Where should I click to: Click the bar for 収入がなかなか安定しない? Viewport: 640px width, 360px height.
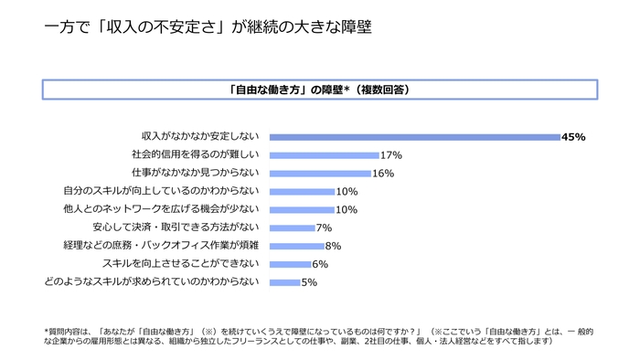[x=415, y=137]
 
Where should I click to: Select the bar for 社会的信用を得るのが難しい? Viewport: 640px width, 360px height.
[x=325, y=155]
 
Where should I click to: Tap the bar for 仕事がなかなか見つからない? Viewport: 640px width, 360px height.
[x=321, y=174]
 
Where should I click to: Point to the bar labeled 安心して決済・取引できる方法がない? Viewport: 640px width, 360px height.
[x=293, y=228]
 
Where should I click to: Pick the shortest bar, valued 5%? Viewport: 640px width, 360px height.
[x=285, y=282]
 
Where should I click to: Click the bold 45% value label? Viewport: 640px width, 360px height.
[x=573, y=137]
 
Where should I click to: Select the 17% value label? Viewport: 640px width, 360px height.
[x=390, y=155]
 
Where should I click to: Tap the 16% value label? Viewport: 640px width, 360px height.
[x=383, y=174]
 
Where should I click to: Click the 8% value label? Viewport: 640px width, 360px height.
[x=333, y=246]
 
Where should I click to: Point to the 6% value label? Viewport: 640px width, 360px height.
[x=320, y=264]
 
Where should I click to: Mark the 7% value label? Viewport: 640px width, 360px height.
[x=323, y=228]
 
